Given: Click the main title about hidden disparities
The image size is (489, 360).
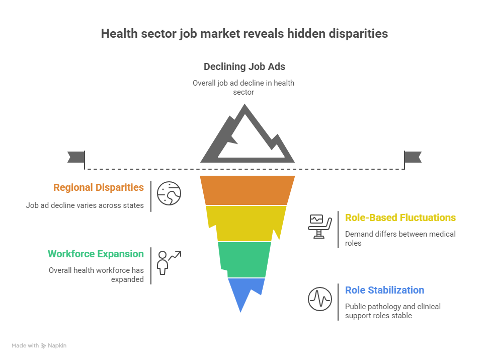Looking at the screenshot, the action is (244, 34).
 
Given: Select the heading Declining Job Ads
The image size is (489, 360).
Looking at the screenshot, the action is (244, 66).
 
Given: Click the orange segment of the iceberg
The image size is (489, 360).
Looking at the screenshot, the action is (248, 190).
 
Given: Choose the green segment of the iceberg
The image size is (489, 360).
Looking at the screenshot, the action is (244, 259).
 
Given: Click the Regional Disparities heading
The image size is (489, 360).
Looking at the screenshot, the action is (99, 187).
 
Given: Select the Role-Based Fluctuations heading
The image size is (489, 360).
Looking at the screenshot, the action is (400, 218).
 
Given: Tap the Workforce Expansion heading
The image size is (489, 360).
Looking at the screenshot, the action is (96, 254).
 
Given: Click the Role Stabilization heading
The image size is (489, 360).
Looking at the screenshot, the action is (384, 290).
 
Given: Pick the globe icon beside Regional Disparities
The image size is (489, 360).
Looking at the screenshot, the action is (169, 193).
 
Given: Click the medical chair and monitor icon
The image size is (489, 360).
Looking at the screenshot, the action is (320, 227).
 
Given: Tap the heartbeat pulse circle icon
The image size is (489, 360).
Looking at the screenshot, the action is (320, 299).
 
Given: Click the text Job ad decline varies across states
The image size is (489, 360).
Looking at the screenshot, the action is (85, 205).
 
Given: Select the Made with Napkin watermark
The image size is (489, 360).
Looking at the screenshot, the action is (39, 345).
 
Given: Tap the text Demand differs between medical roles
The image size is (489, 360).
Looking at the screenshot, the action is (400, 239).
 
